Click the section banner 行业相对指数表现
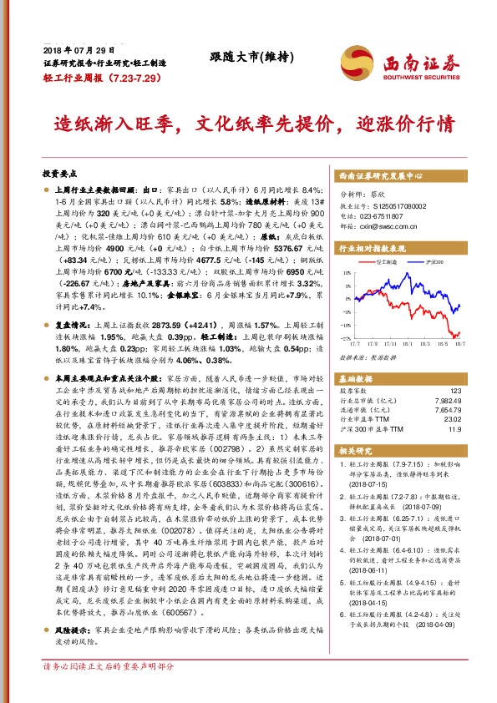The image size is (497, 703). [372, 248]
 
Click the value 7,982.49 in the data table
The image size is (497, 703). [447, 401]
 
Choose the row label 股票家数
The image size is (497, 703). [354, 392]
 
